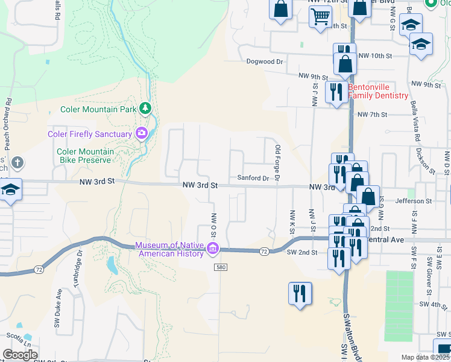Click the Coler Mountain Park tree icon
point(145,109)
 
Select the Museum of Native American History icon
point(212,249)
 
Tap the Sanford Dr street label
point(253,178)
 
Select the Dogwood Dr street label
point(265,62)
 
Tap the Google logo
point(20,355)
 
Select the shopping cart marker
point(320,16)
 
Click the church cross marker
point(18,162)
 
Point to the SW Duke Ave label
point(58,308)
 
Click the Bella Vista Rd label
point(415,124)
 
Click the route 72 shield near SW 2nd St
point(263,250)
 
